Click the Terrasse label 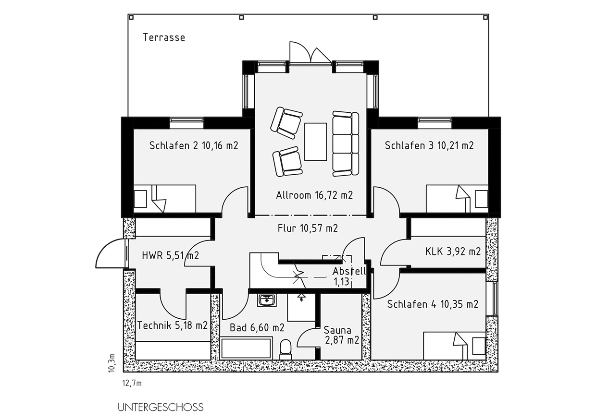164,37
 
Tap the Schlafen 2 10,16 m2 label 193,145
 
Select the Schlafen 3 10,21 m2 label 429,145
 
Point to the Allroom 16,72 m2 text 314,195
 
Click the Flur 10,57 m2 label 308,228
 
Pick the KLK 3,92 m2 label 453,252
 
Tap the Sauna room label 341,335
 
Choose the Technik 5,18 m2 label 172,325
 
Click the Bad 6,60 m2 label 257,328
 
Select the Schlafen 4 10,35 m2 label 433,304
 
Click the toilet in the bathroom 286,349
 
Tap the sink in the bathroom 267,300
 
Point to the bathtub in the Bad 246,348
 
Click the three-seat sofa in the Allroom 346,144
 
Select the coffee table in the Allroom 315,142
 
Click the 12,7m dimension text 132,384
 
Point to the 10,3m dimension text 112,362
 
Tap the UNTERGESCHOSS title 161,407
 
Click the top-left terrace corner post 131,18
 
